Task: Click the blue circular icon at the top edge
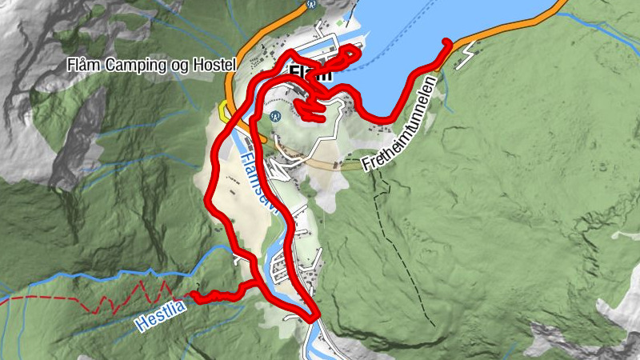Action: click(313, 4)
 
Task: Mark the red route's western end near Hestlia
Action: click(194, 297)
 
